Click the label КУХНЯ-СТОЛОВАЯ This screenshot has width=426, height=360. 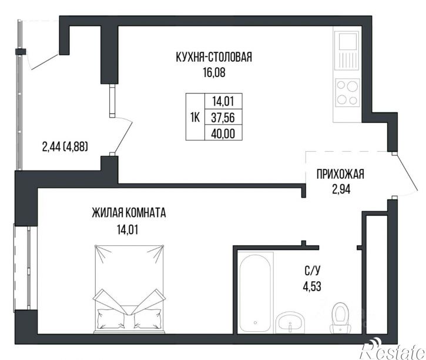pos(214,57)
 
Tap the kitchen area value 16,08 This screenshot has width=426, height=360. pos(214,72)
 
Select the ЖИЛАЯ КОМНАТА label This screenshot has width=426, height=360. pos(129,213)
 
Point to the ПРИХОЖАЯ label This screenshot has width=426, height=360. pos(340,174)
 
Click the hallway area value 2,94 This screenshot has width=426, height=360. pos(341,189)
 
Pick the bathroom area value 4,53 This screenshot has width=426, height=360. pos(312,286)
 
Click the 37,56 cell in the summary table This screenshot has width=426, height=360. pos(223,118)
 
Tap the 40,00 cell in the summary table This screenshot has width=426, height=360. pos(223,133)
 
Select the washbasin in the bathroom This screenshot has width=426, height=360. pos(290,322)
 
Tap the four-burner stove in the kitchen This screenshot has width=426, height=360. pos(347,92)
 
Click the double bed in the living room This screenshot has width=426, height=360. pos(129,289)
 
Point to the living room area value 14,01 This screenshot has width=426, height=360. pos(128,230)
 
